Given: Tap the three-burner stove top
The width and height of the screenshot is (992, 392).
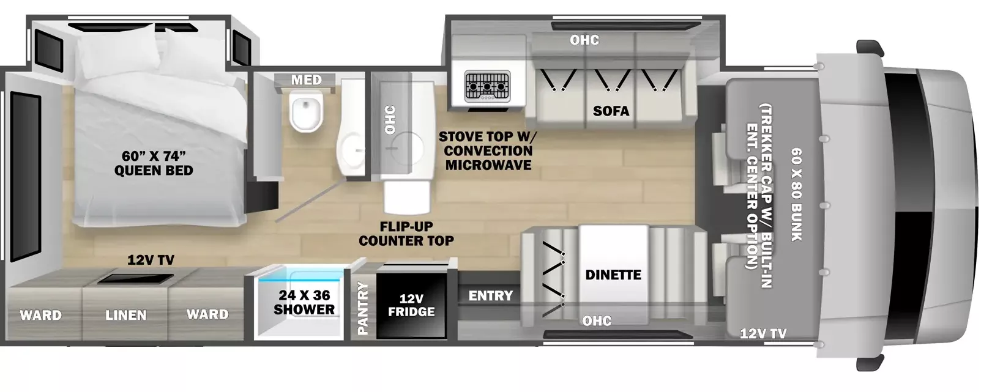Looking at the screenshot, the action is [x=487, y=86].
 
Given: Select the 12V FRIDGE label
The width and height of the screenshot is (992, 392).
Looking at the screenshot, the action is [x=411, y=305].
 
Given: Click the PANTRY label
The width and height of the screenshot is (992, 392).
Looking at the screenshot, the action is [x=363, y=308].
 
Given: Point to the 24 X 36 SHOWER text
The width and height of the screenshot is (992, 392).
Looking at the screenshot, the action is [x=304, y=302].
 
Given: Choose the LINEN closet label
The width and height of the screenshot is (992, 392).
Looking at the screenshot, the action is [x=126, y=315].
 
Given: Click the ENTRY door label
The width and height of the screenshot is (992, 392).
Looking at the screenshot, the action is [x=491, y=295].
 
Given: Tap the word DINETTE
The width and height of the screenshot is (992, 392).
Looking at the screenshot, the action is [x=613, y=275].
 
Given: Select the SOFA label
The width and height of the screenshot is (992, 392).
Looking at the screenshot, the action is [x=611, y=111].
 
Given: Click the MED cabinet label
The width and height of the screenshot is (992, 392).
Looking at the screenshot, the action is [x=306, y=80].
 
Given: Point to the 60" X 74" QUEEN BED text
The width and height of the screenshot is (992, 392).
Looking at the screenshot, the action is [x=154, y=163].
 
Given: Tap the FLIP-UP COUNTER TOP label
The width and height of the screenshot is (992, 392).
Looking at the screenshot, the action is [x=406, y=234].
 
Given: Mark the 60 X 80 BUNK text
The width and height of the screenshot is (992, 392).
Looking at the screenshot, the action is [x=797, y=194].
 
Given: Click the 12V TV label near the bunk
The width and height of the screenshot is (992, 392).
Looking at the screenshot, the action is [x=763, y=333].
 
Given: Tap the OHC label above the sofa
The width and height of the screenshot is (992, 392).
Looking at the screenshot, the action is [x=584, y=40].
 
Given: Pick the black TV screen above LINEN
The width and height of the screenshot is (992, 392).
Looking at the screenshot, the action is [x=136, y=279].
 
